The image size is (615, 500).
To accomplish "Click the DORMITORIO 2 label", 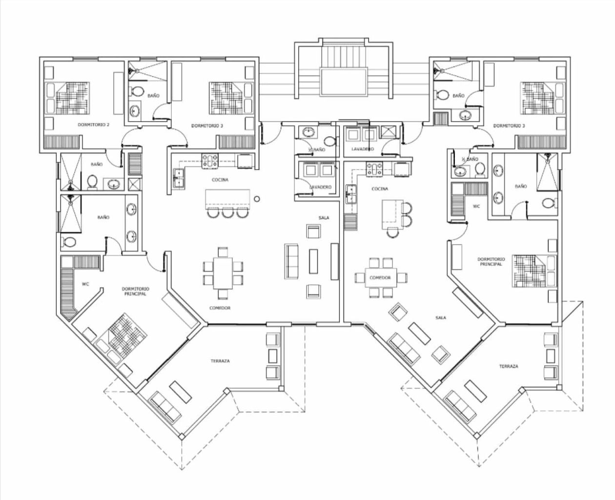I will pos(93,125).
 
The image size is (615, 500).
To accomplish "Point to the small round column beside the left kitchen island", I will pos(257,199).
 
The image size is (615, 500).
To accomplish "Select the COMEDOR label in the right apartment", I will pos(380,277).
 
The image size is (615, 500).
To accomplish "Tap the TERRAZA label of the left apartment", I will pos(220,361).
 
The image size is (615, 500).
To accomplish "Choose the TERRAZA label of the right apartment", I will pos(509,366).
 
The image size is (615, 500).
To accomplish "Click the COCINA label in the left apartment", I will pos(220,180).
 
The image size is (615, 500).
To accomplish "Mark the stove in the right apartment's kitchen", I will pos(374,169).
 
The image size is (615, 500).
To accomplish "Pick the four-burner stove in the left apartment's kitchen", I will pos(210,161).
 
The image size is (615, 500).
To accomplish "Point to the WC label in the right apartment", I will pos(476,207).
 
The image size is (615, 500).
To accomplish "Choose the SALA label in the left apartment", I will pos(323,218).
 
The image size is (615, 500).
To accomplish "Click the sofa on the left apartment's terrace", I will pos(165,407).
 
